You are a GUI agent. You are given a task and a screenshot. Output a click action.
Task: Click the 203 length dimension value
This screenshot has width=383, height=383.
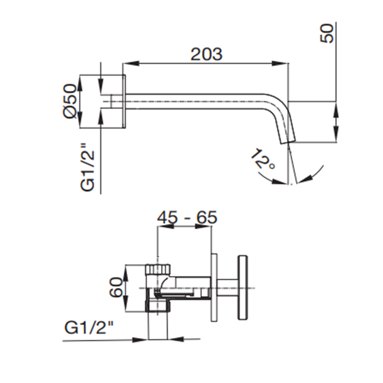click(x=206, y=54)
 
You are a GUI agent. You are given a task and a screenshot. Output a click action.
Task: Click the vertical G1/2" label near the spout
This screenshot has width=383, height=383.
click(x=88, y=167)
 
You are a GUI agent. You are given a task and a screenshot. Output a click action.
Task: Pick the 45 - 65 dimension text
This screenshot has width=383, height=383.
click(x=187, y=217)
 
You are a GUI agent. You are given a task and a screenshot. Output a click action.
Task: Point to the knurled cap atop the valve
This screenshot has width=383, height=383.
click(x=159, y=269)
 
